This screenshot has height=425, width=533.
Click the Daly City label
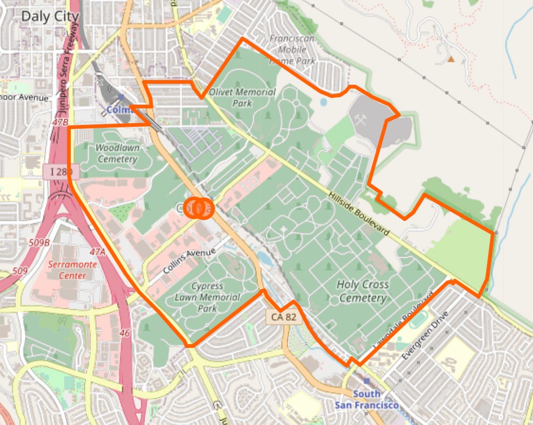pos(50,17)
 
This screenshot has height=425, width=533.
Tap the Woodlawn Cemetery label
pos(117,153)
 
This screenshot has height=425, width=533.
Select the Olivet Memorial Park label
pos(242,97)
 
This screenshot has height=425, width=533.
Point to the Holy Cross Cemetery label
pos(363,291)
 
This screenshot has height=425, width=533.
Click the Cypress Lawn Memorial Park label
pos(207,297)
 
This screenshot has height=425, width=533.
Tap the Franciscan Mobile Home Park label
pos(292,50)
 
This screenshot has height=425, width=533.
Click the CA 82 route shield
pos(284,317)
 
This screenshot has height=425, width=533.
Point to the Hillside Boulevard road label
pos(359,211)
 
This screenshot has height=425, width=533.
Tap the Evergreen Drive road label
pos(424,336)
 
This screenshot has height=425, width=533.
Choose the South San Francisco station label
pos(367,399)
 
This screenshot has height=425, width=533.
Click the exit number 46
pos(124,333)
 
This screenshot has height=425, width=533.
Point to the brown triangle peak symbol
pos(451,59)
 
